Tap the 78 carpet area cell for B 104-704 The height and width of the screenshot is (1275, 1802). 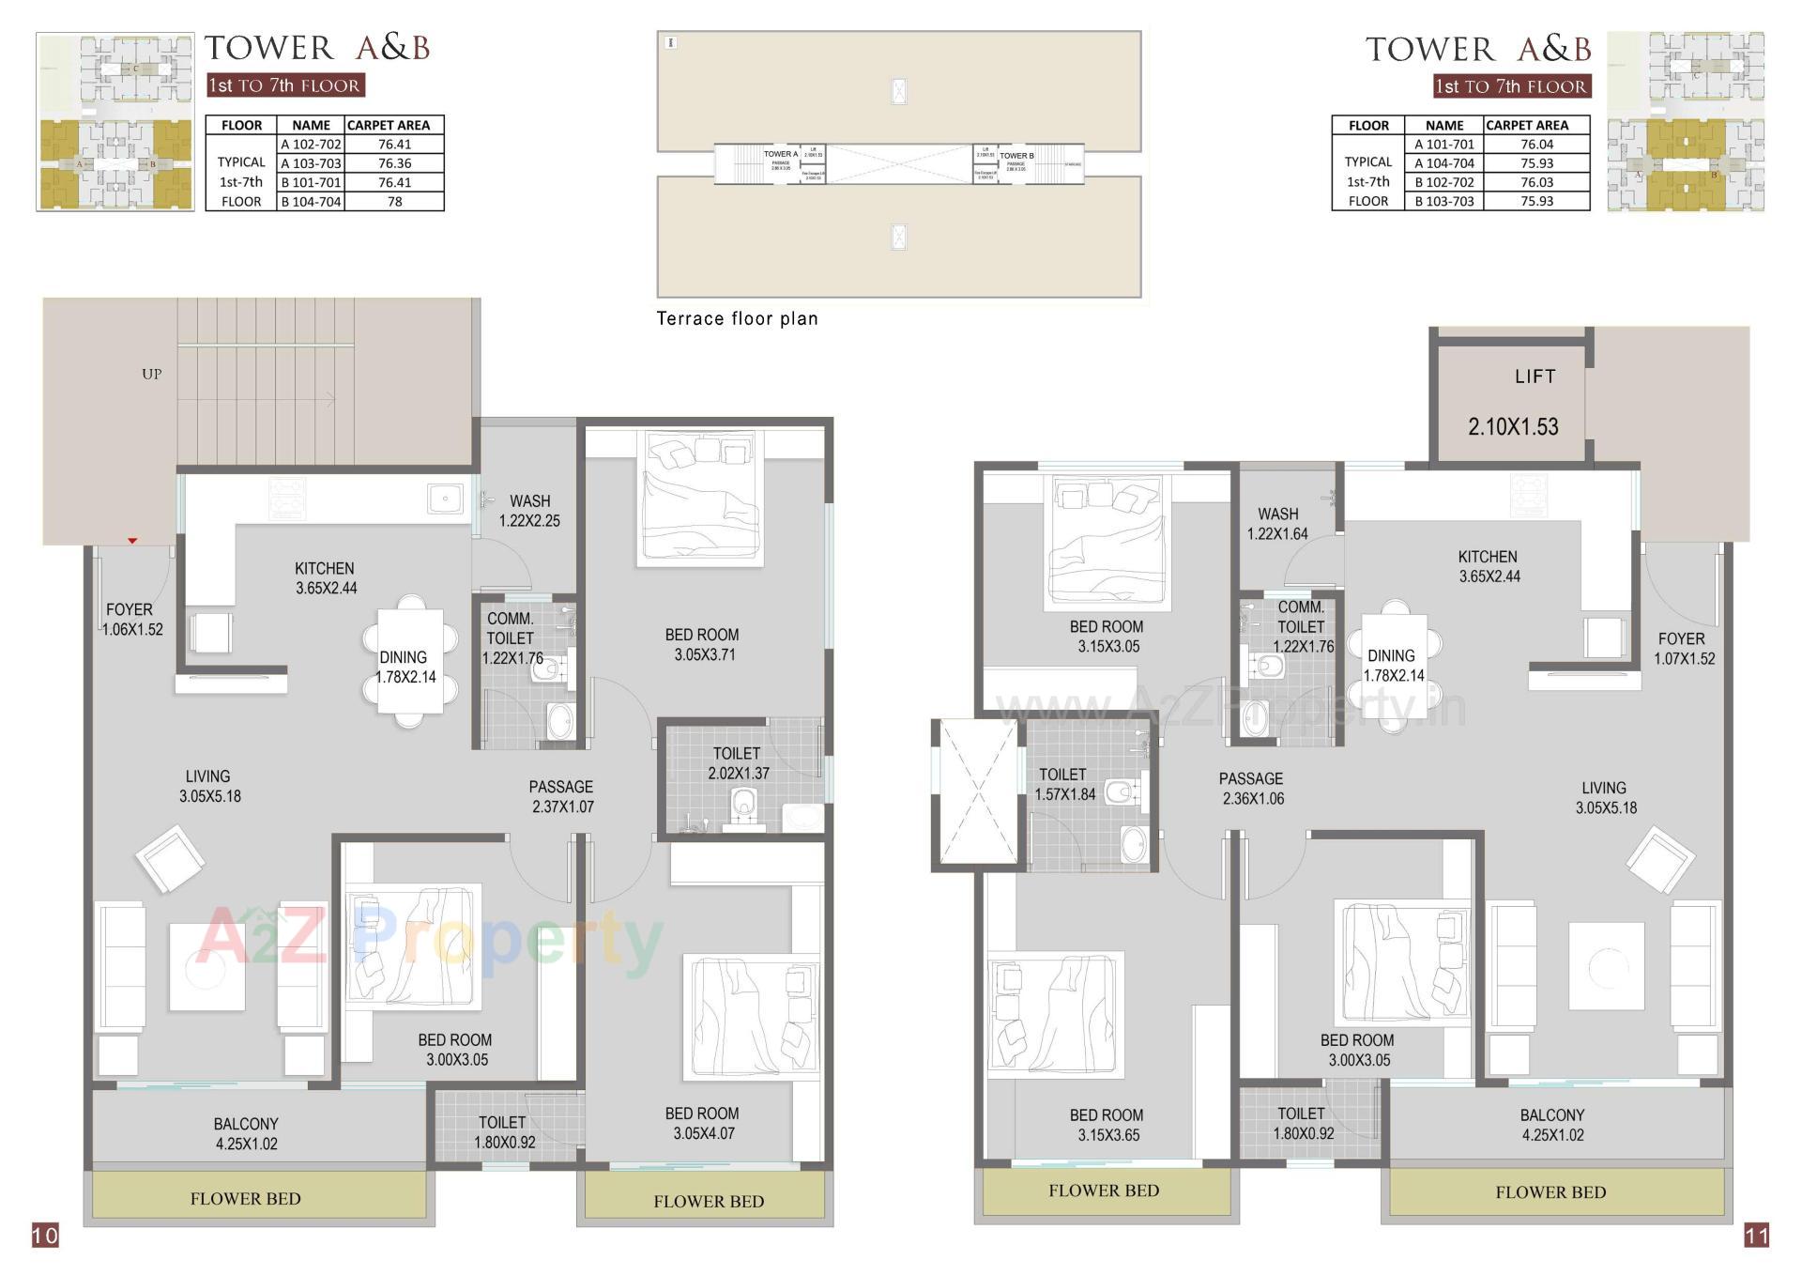pos(394,202)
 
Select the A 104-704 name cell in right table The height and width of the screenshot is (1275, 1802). pos(1443,163)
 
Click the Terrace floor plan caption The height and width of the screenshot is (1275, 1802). pos(737,319)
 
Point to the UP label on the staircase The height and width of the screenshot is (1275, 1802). pos(151,375)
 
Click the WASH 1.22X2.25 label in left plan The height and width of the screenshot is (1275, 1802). pos(529,511)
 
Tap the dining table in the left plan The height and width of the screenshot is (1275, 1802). pos(409,661)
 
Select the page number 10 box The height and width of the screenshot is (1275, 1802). pos(45,1235)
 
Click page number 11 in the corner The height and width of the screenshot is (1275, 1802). pos(1756,1235)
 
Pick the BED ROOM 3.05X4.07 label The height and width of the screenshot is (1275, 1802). pos(702,1123)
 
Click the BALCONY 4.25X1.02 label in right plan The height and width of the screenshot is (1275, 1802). pos(1551,1125)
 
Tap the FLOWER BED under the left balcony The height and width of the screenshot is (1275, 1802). pos(245,1199)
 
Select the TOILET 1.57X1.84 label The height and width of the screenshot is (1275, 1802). pos(1063,784)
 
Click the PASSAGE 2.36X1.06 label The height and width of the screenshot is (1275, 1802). pos(1251,789)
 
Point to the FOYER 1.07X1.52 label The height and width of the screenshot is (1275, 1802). pos(1683,649)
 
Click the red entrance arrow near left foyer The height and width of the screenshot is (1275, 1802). pos(132,541)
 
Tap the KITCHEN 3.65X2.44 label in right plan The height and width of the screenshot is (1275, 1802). pos(1489,566)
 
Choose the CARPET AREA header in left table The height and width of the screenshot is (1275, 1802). pos(389,125)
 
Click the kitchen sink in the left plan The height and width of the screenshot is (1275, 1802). pos(445,499)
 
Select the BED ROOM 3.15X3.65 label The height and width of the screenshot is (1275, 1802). pos(1107,1125)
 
